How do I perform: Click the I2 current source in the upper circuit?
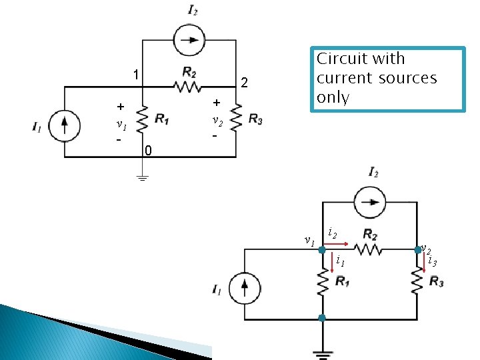[x=189, y=40]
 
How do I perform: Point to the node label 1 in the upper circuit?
[x=135, y=74]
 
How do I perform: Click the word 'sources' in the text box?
[x=409, y=78]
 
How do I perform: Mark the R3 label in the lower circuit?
[x=437, y=283]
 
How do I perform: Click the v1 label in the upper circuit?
[x=121, y=124]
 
